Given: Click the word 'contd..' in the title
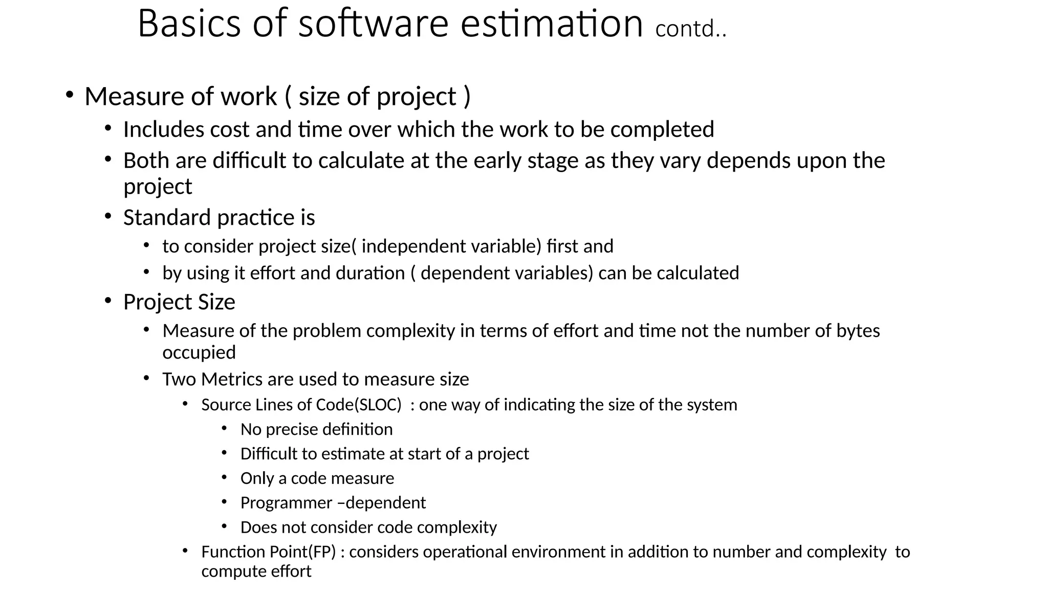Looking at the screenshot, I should tap(690, 29).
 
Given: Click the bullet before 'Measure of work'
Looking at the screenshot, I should tap(70, 95).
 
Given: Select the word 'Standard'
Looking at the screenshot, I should tap(167, 218).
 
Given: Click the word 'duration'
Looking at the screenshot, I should tap(370, 273).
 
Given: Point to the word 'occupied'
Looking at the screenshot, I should tap(199, 353).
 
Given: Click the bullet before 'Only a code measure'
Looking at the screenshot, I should tap(224, 477).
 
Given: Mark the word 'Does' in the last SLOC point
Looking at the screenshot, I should tap(257, 527).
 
